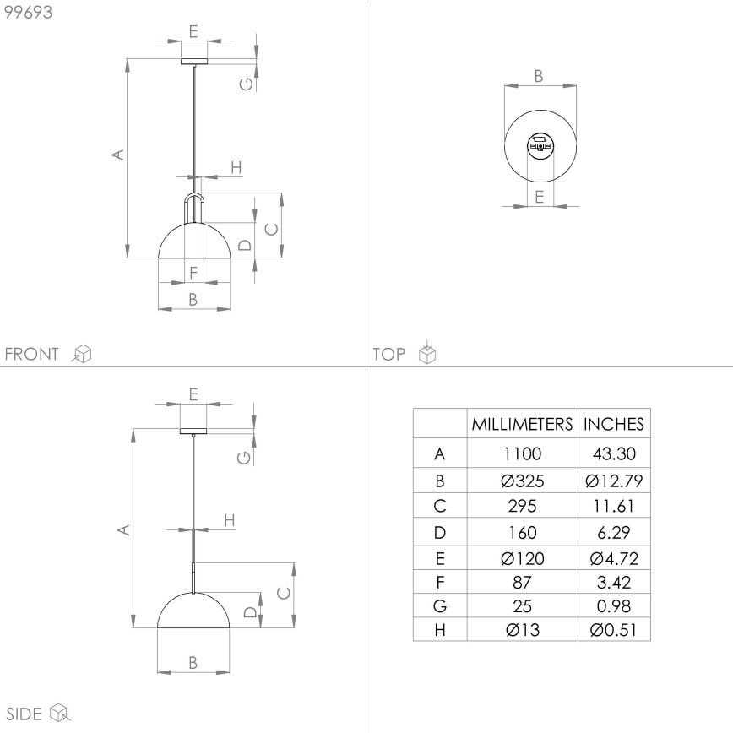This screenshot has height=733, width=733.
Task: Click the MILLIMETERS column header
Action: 522,424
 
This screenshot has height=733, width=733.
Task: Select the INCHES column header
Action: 614,424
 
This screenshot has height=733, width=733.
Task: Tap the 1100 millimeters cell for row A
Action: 522,453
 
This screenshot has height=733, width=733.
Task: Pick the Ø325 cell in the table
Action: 522,481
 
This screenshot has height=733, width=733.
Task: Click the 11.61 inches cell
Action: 614,507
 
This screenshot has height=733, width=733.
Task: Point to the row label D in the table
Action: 439,532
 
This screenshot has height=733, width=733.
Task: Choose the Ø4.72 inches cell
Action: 614,558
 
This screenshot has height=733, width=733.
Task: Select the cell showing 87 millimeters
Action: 522,582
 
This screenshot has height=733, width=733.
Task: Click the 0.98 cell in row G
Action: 614,605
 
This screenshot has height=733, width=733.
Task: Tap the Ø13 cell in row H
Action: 522,629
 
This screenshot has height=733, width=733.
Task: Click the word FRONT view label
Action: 32,354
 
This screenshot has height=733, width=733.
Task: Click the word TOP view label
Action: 389,355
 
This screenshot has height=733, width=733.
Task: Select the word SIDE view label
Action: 24,714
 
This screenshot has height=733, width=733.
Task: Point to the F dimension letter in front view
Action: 193,273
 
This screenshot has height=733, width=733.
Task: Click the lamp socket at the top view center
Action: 540,145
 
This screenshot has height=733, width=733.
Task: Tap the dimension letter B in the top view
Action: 539,76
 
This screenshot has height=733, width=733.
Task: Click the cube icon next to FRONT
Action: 82,354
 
